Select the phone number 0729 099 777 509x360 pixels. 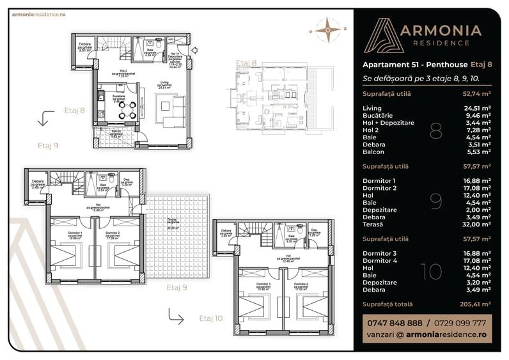[x=460, y=323]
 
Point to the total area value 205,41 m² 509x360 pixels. [x=476, y=304]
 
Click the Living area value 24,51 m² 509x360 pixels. [x=477, y=108]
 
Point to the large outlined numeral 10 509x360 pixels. [x=432, y=271]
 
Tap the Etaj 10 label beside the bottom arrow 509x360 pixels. [x=211, y=317]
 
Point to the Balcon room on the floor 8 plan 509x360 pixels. [x=116, y=136]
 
